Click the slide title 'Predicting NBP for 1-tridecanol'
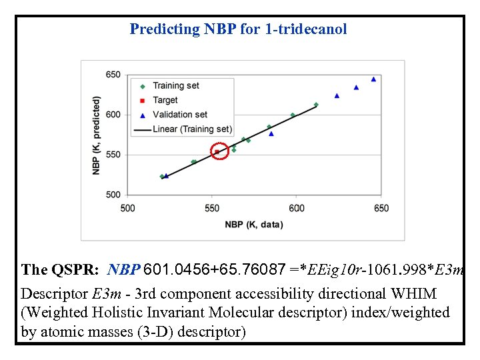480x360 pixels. [x=238, y=29]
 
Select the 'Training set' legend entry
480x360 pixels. [x=175, y=85]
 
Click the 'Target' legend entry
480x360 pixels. [x=165, y=100]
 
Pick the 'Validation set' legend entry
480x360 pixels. [x=179, y=115]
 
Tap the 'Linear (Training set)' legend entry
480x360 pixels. [x=192, y=129]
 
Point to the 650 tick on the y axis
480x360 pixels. [x=113, y=75]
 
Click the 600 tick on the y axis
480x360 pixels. [x=113, y=115]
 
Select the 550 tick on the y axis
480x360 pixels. [x=113, y=155]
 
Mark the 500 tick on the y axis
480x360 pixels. [x=113, y=195]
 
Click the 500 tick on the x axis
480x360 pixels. [x=127, y=208]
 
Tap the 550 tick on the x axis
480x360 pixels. [x=212, y=208]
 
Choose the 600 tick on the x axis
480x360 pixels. [x=297, y=208]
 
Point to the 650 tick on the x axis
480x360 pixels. [x=381, y=208]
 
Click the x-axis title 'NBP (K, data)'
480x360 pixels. [x=254, y=225]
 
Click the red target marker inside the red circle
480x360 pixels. [x=217, y=152]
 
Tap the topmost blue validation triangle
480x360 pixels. [x=373, y=79]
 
